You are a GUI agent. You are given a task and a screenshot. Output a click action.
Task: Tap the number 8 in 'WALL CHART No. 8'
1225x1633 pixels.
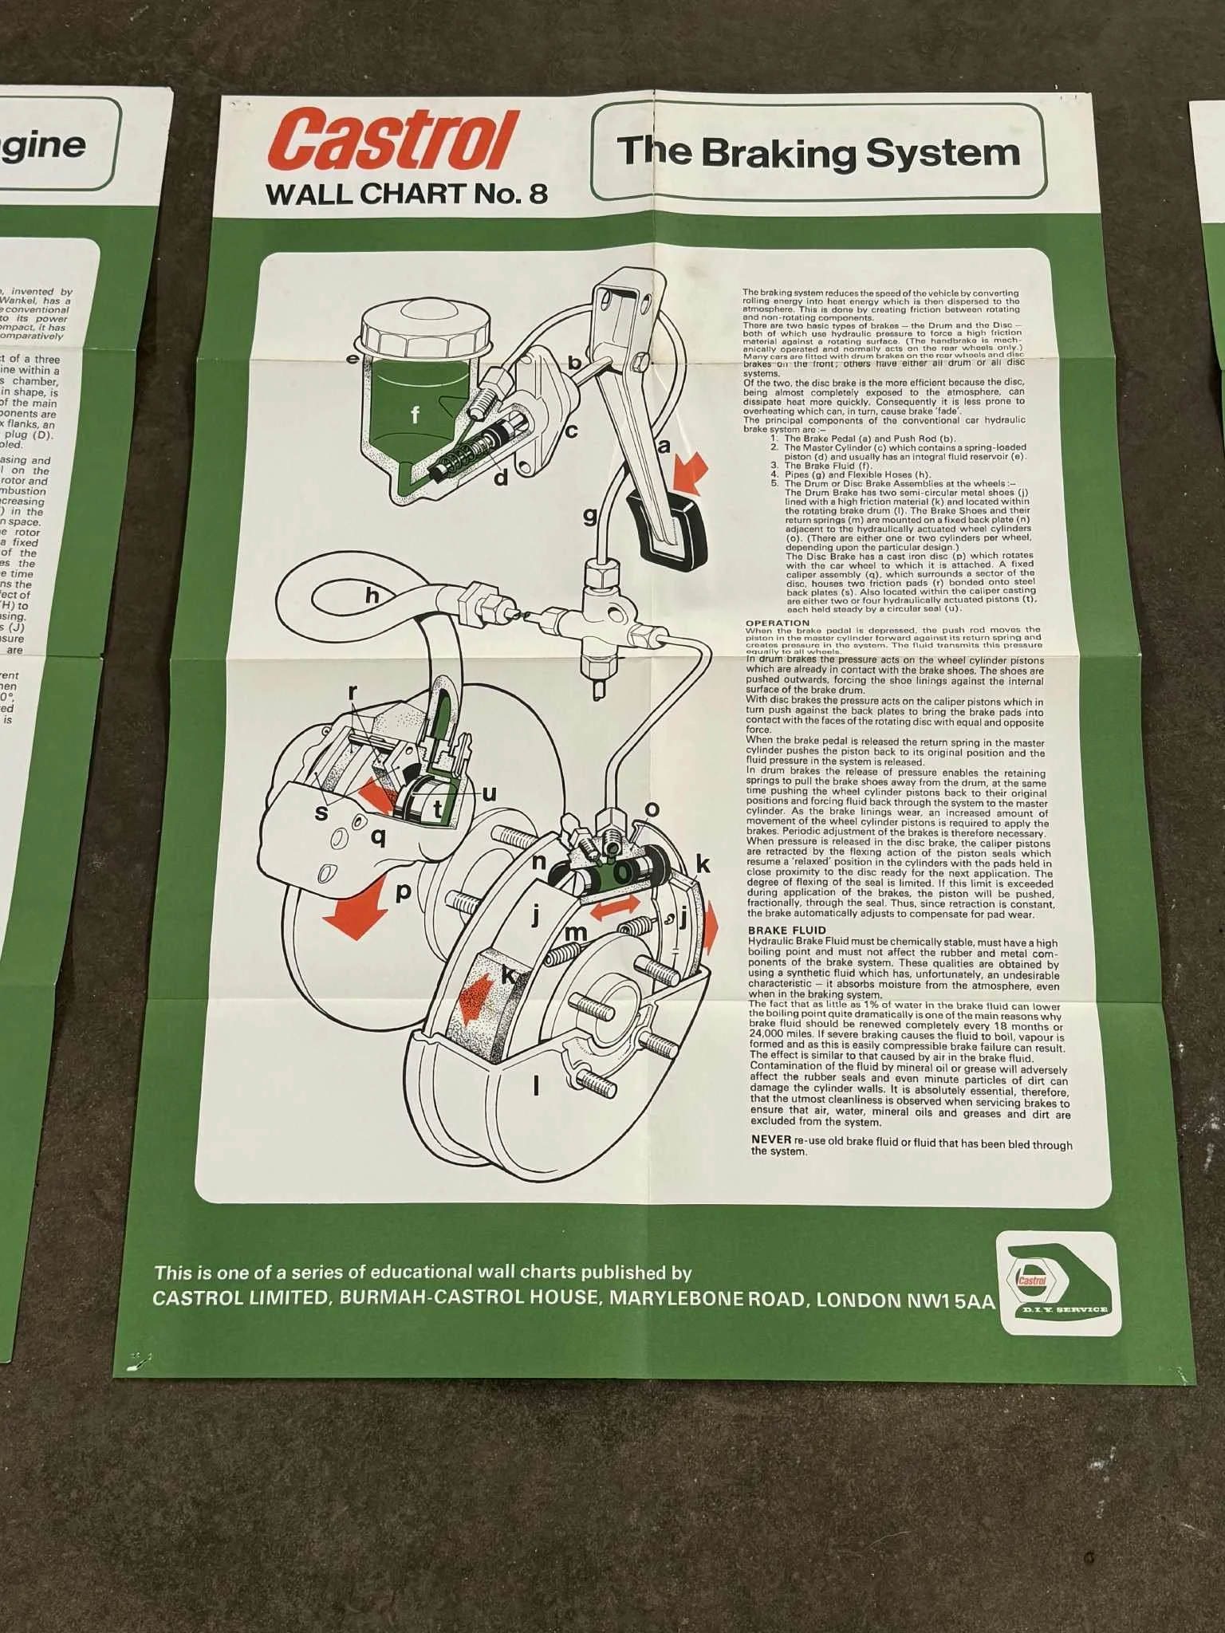point(538,195)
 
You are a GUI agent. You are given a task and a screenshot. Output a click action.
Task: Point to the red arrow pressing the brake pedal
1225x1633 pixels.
point(688,470)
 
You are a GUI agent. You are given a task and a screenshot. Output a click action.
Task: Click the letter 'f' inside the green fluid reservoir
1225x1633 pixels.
point(415,415)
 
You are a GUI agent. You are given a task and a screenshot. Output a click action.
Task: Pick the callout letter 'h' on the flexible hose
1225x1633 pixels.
point(372,596)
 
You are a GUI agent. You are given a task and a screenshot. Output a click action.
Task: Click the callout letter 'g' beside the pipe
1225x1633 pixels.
point(590,517)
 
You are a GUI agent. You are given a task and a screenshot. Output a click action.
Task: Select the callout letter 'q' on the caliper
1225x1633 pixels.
point(379,836)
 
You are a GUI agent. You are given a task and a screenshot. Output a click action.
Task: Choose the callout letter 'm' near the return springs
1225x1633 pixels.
point(575,932)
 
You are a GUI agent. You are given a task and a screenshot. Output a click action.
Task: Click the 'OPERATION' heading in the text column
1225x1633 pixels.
point(777,623)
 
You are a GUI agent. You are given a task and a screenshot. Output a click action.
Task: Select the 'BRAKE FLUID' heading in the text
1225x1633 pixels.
point(786,931)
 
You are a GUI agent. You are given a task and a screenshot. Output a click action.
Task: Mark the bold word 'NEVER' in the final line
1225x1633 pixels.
point(770,1139)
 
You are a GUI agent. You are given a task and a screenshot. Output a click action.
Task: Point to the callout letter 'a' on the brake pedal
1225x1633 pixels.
point(664,446)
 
